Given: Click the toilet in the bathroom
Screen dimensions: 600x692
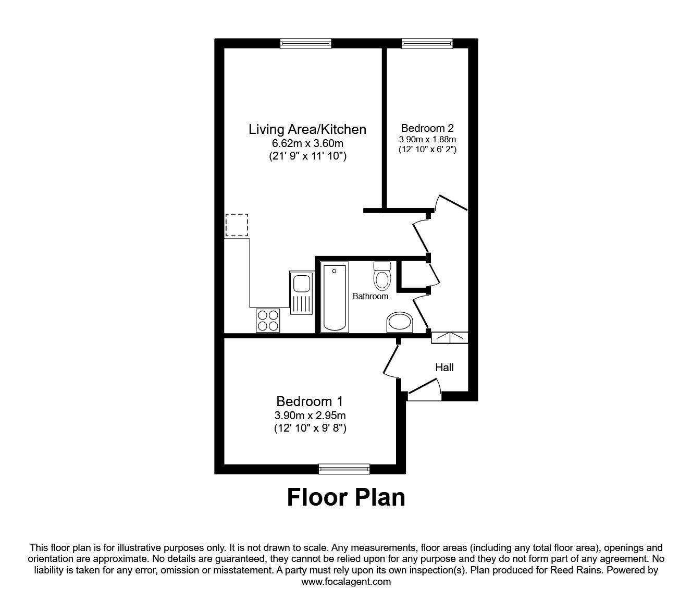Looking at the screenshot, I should coord(382,276).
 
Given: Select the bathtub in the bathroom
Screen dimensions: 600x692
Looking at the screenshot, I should coord(335,298).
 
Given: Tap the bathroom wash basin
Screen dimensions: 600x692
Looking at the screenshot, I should coord(400,323).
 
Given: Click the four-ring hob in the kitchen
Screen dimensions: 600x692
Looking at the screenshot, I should coord(268,320).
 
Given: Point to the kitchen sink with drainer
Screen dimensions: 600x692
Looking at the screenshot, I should coord(301,293).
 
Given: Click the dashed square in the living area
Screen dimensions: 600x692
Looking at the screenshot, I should coord(237,225).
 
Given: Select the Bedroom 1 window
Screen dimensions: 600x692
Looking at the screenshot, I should coord(344,469).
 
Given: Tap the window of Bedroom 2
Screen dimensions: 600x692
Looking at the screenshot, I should coord(427,44).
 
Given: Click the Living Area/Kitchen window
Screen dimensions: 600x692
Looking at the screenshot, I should coord(305,44).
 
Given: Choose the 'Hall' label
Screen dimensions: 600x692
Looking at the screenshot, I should coord(444,368).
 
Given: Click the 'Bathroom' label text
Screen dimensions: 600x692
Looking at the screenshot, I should coord(370,296).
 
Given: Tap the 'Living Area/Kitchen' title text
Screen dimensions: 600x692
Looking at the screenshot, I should coord(307,129).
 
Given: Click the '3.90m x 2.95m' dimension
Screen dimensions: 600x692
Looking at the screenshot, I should coord(310,415).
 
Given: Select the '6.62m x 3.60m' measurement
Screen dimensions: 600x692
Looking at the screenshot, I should coord(307,143).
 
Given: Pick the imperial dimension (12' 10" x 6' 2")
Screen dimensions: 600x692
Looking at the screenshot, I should coord(427,150).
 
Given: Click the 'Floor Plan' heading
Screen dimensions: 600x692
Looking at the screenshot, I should coord(346,497).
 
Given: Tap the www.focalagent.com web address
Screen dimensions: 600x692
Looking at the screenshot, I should coord(346,582).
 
